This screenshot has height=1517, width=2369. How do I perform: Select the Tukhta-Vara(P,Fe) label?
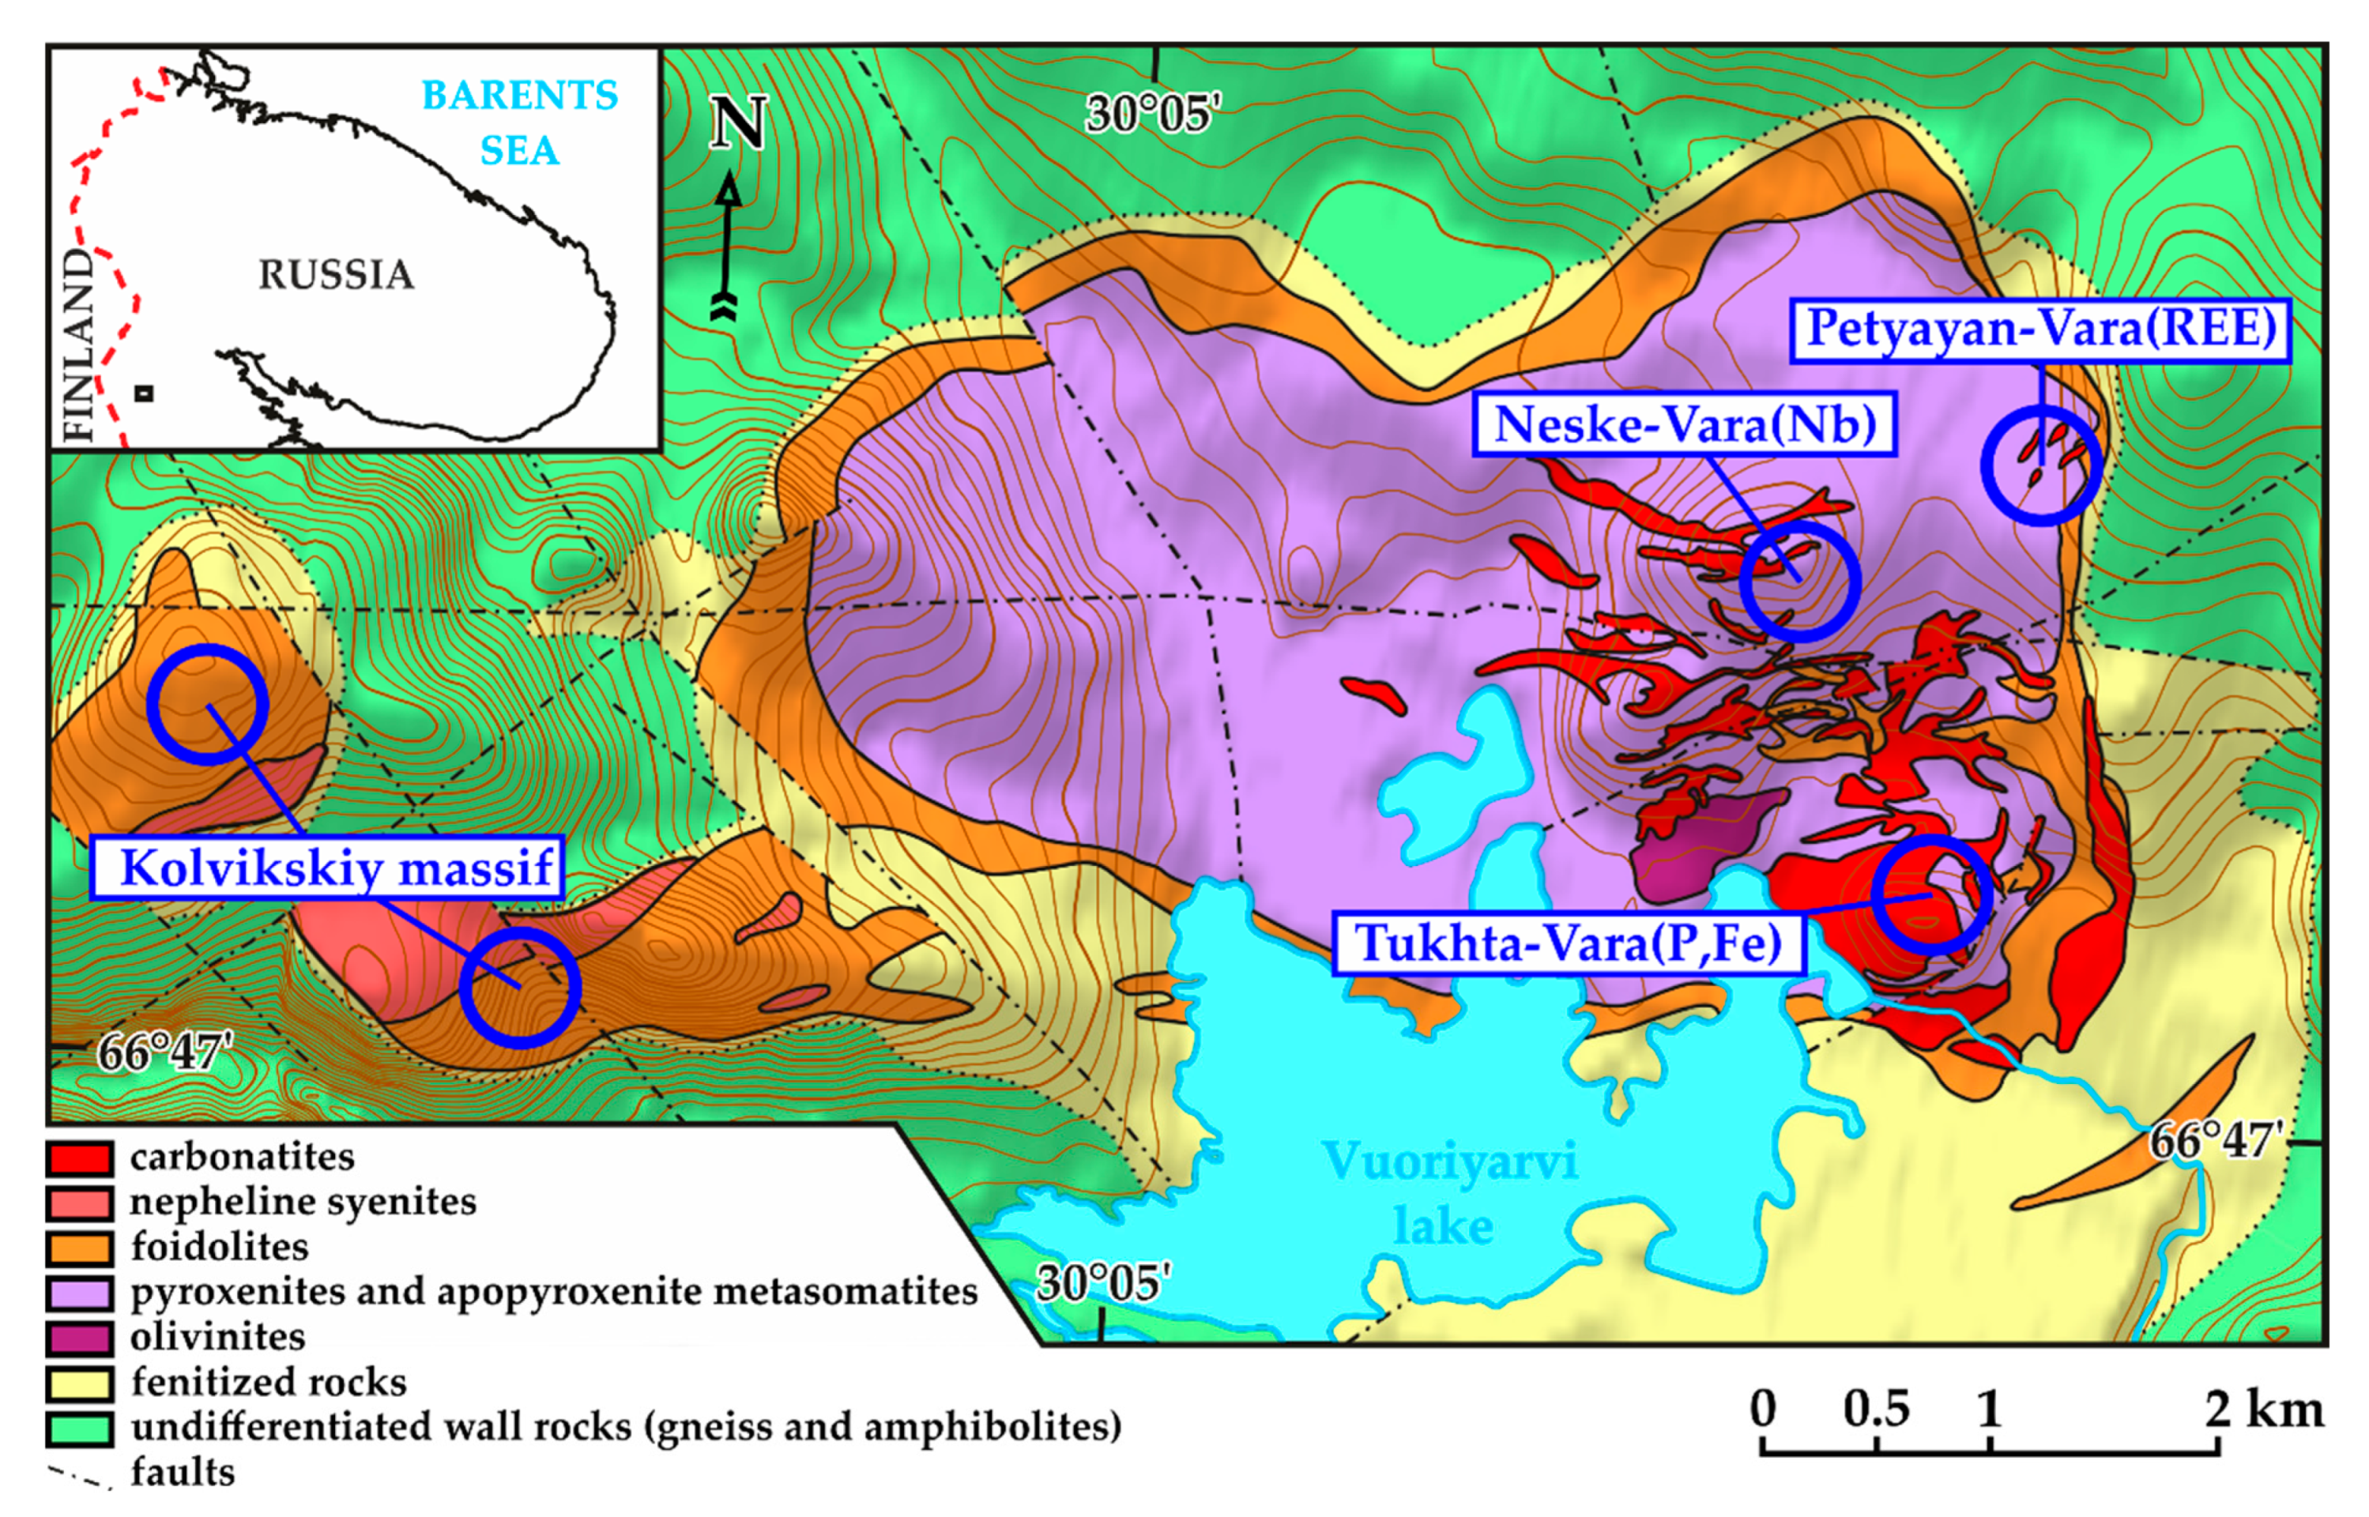[1569, 943]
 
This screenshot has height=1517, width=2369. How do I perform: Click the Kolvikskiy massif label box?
[327, 868]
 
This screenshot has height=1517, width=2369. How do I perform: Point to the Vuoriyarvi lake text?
[1447, 1192]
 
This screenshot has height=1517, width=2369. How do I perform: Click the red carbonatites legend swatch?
[79, 1158]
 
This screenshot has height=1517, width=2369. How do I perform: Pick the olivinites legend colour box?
[79, 1338]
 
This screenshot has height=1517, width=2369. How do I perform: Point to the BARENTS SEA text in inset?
[519, 122]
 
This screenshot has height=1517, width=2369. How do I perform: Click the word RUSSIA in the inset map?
[336, 275]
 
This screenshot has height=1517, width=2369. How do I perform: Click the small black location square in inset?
[144, 393]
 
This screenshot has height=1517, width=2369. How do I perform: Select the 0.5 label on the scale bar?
[1877, 1409]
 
